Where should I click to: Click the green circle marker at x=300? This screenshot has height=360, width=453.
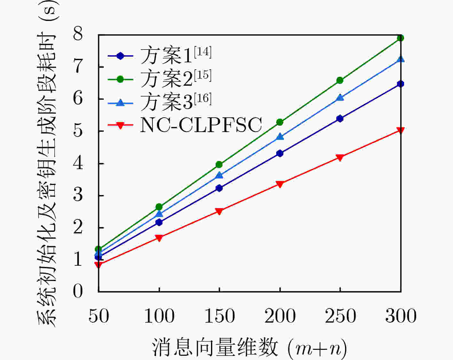click(401, 38)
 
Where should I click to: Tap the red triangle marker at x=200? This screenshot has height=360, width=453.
click(280, 184)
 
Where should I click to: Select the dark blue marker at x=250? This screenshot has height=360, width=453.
click(340, 119)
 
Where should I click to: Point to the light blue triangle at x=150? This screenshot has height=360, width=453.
click(219, 175)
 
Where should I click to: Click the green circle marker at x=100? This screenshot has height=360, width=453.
click(159, 207)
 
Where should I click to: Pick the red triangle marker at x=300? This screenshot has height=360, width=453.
click(401, 130)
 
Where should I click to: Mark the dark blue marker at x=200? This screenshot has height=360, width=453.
click(280, 153)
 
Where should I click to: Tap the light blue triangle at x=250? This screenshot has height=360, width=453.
click(340, 98)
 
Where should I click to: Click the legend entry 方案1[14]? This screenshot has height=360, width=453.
click(176, 56)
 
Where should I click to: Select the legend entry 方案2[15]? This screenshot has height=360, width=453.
click(176, 79)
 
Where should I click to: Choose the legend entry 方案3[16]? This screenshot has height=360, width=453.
click(176, 102)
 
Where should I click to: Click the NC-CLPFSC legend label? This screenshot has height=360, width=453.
click(201, 125)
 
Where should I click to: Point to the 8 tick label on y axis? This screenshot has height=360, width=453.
click(78, 34)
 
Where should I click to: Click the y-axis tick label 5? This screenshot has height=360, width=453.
click(78, 130)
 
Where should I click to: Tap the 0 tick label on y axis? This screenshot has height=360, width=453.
click(78, 291)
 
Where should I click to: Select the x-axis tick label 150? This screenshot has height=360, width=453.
click(219, 316)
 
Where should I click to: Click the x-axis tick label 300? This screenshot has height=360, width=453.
click(401, 316)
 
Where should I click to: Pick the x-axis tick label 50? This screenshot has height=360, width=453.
click(98, 316)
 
